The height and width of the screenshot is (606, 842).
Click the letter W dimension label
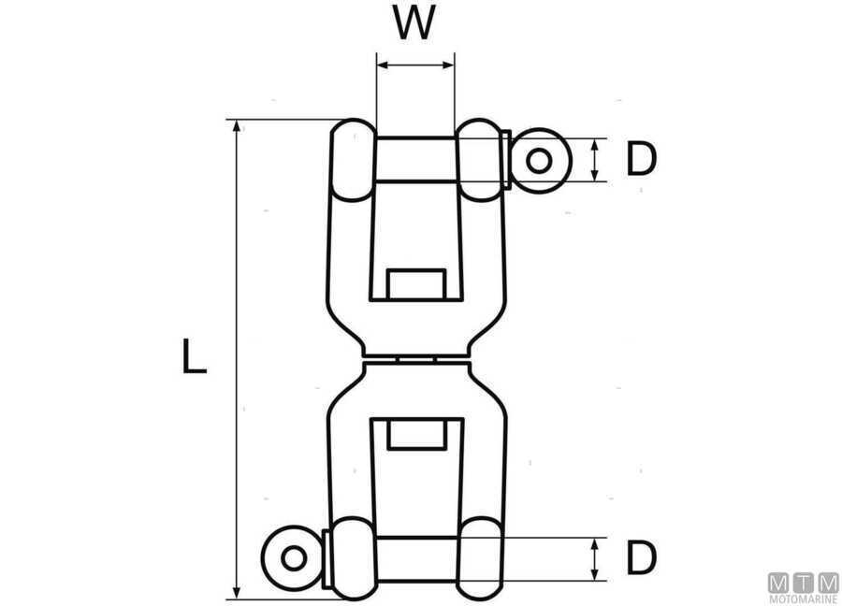(x=414, y=24)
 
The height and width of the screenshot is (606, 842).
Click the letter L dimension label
(x=194, y=358)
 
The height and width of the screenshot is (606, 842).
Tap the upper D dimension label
(x=641, y=160)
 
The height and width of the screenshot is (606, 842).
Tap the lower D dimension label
(x=641, y=558)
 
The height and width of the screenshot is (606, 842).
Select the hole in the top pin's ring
(x=538, y=161)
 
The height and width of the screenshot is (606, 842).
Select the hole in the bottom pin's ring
(x=294, y=558)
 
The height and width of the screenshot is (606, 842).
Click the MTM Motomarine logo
(x=803, y=587)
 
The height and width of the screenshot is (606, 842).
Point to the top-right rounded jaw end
(x=481, y=160)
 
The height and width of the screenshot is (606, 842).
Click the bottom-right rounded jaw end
(x=481, y=558)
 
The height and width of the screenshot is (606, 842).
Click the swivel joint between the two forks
(x=415, y=358)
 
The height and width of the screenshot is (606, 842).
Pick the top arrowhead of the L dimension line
(x=238, y=126)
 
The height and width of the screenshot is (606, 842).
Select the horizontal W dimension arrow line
(x=414, y=65)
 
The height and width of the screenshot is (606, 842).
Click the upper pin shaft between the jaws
(x=415, y=160)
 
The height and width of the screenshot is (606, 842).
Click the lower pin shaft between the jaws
(x=415, y=558)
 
